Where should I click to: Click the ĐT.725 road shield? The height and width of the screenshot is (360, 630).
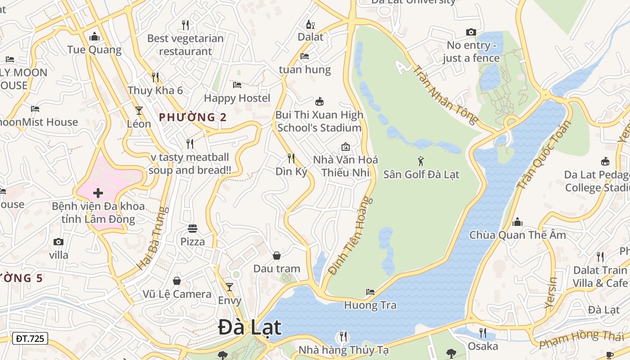click(x=30, y=338)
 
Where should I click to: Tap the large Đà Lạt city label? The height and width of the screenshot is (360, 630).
click(x=250, y=327)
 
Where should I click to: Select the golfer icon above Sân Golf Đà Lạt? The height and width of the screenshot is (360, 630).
click(x=421, y=161)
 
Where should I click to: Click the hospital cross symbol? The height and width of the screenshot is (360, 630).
click(x=98, y=193)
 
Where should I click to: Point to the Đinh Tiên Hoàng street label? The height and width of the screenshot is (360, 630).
click(x=351, y=235)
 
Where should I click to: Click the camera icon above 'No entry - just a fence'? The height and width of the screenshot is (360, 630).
click(x=471, y=32)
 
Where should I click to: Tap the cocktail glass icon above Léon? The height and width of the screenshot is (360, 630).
click(x=139, y=110)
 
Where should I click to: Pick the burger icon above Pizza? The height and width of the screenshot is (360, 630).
click(x=193, y=229)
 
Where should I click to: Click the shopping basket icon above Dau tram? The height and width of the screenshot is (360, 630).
click(x=277, y=256)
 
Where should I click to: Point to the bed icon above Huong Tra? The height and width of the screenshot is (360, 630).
click(x=370, y=292)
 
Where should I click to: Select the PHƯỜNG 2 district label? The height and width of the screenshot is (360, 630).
click(x=193, y=117)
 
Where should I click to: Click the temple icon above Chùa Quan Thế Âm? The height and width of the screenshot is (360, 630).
click(x=517, y=222)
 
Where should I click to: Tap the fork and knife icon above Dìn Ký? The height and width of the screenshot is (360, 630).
click(x=291, y=158)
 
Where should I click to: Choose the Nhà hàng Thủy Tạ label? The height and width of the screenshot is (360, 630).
click(x=344, y=350)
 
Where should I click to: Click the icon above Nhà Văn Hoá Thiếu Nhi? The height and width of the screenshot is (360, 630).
click(x=346, y=147)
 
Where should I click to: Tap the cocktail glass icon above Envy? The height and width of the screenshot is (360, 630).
click(x=229, y=287)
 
